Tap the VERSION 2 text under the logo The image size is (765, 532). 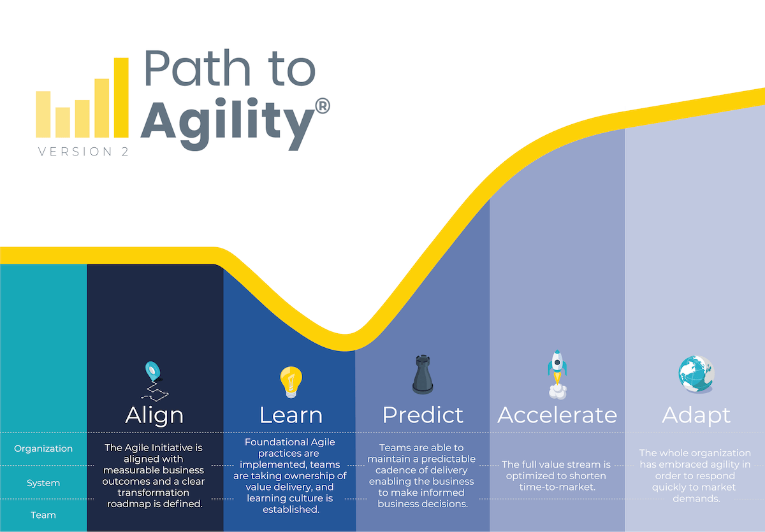click(84, 152)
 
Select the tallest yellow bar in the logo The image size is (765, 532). click(121, 97)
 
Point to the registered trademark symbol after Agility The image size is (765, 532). click(323, 106)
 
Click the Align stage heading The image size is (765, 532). click(154, 415)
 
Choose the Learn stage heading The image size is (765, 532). click(291, 415)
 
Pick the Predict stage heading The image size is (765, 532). click(423, 415)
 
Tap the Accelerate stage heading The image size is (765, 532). click(557, 415)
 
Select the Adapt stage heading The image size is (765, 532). click(697, 415)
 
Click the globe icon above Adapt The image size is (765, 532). click(696, 374)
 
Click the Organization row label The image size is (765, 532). click(43, 449)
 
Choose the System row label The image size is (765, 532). click(43, 483)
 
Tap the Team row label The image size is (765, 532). click(43, 515)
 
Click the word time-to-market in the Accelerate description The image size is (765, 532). click(557, 487)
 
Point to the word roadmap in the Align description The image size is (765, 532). click(131, 504)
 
